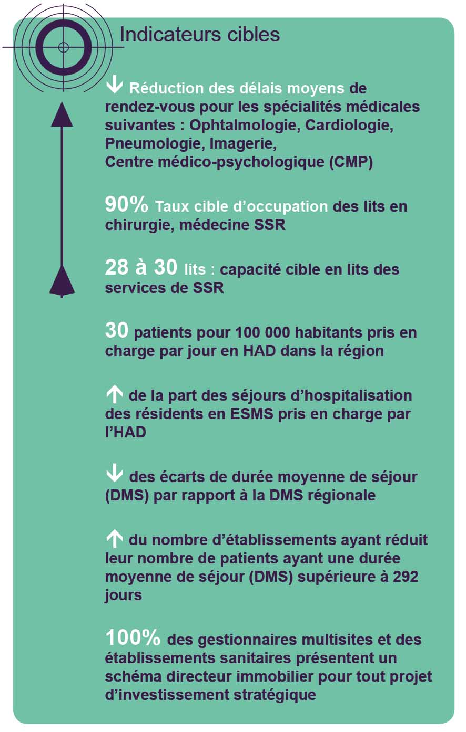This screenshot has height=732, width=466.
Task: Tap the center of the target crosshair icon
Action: pos(64,47)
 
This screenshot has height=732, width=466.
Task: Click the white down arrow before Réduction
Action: pos(114,86)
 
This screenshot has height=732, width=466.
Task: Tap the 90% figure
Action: pos(127,205)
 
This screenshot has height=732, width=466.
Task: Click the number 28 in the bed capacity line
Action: pos(117,268)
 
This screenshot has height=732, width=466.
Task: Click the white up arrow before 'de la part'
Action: pos(114,394)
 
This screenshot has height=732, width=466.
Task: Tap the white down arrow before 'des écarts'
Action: pos(114,475)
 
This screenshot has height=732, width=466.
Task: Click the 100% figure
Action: pos(133,638)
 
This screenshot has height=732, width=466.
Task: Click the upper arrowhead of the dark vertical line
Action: pos(62,114)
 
